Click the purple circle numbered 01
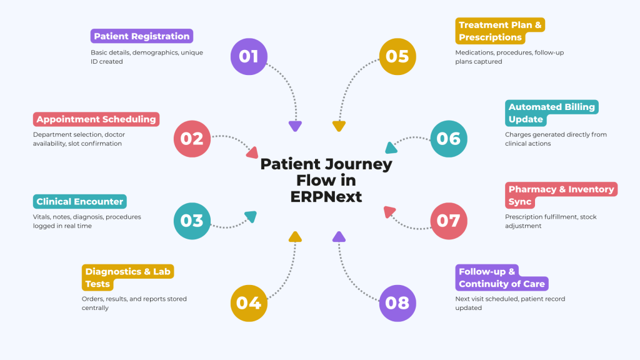click(249, 56)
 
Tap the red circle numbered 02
click(192, 138)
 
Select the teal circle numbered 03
click(192, 221)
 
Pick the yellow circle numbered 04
click(249, 302)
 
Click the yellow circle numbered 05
click(397, 56)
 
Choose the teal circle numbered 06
click(449, 138)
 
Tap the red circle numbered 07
click(449, 221)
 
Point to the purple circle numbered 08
click(397, 302)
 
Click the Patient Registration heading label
click(142, 36)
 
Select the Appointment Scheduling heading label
click(96, 119)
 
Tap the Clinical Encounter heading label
click(80, 201)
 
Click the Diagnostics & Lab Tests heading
click(128, 277)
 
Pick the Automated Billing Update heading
click(551, 113)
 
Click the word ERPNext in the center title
click(326, 196)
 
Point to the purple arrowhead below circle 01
click(295, 126)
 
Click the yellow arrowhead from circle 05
click(339, 126)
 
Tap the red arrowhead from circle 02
click(252, 152)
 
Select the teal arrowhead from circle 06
click(391, 148)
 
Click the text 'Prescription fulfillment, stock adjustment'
click(551, 221)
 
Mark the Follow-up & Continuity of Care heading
click(501, 277)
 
